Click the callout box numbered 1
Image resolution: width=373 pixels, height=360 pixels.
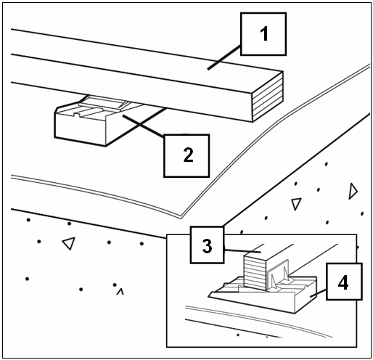pos(263,34)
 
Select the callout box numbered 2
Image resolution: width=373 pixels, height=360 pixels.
pos(186,156)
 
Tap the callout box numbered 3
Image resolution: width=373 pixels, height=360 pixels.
pos(207,245)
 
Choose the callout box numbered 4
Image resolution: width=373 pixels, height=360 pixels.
pos(344,282)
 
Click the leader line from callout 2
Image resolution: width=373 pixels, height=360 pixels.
pos(144,126)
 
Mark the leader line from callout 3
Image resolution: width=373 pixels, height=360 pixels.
pos(242,251)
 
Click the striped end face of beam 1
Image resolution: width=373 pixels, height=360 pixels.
pos(268,97)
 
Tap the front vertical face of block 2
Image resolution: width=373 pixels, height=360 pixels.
pos(80,130)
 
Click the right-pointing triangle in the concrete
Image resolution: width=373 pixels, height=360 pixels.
pos(353,191)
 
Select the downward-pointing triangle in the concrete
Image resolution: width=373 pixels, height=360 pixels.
pos(296,204)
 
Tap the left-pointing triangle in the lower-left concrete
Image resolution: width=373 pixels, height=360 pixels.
pos(69,243)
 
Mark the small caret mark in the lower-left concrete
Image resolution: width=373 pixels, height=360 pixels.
pos(120,291)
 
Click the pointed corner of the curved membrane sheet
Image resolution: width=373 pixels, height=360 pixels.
pos(181,218)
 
